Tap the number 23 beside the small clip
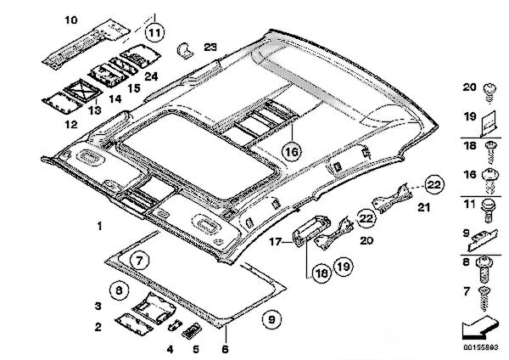[210, 47]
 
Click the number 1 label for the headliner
[99, 227]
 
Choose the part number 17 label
[275, 242]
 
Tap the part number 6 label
[225, 347]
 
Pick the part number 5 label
[195, 347]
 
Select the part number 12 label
[70, 124]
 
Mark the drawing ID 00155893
[480, 347]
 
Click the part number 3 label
[98, 305]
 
